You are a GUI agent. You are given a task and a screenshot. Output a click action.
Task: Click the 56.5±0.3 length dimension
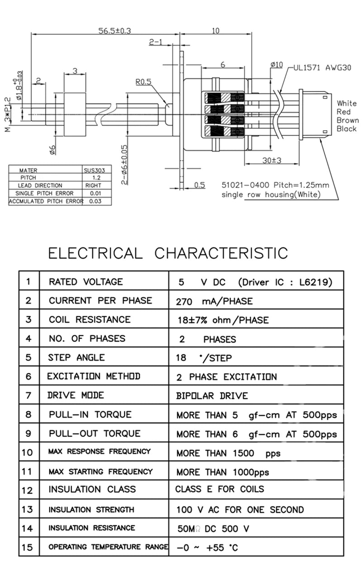[115, 31]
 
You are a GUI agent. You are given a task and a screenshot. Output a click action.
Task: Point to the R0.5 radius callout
[143, 82]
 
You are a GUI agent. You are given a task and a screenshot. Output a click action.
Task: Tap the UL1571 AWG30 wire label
[322, 68]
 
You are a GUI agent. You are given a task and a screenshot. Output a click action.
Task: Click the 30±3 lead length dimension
[272, 160]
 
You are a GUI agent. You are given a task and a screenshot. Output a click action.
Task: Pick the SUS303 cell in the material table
[94, 170]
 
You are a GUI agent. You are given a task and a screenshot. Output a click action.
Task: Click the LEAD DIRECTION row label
[40, 186]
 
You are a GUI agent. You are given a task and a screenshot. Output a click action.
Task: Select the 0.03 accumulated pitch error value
[95, 201]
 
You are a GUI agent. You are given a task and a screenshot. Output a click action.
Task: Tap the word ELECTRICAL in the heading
[95, 253]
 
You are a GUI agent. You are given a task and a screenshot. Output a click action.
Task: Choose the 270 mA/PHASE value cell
[214, 301]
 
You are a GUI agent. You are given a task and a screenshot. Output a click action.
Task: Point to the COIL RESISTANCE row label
[90, 319]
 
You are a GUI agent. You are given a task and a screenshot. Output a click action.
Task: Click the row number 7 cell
[29, 395]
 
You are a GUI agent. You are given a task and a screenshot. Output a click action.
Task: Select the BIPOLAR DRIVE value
[212, 396]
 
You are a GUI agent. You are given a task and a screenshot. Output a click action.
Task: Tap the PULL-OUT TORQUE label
[95, 433]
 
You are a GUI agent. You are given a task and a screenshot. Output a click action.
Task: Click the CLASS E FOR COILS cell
[219, 489]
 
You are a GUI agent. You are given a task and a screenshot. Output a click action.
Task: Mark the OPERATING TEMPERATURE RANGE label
[108, 547]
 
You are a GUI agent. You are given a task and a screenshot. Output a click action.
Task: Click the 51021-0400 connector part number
[245, 185]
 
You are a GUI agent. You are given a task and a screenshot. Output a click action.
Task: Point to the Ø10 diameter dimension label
[276, 65]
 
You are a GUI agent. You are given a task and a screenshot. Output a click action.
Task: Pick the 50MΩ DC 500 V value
[213, 528]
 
